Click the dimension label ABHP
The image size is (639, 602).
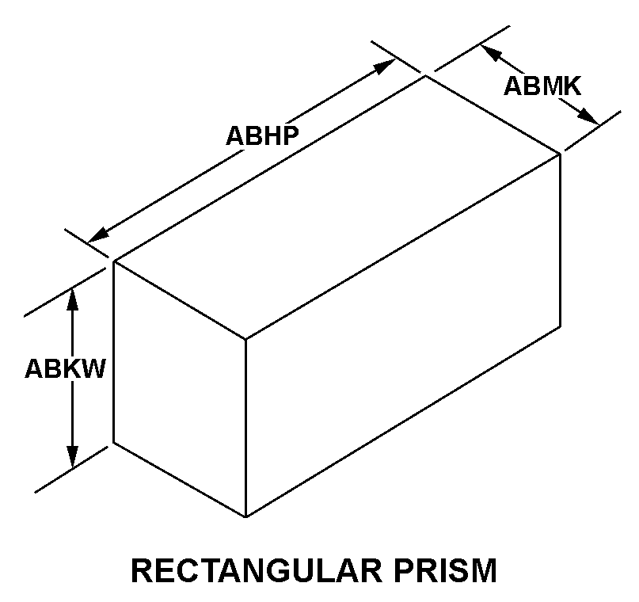tap(262, 135)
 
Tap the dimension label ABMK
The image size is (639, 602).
tap(542, 86)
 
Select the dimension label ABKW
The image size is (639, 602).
tap(65, 369)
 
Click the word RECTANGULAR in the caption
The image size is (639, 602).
tap(257, 570)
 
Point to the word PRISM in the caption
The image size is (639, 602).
tap(445, 570)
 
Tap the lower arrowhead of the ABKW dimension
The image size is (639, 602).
tap(73, 457)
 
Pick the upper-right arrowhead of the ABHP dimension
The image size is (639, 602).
tap(386, 67)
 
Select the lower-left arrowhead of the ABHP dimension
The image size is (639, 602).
tap(99, 235)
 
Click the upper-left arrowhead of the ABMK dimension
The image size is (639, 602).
tap(491, 52)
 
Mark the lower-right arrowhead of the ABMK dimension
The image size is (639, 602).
tap(590, 116)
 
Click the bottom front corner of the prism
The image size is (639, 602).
tap(245, 516)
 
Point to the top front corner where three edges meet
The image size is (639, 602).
tap(245, 339)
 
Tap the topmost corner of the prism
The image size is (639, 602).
tap(426, 76)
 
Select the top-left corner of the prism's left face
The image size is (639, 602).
tap(114, 261)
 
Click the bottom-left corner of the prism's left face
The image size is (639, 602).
tap(114, 442)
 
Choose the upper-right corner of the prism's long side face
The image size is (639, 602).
tap(561, 154)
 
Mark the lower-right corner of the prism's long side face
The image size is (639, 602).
tap(561, 326)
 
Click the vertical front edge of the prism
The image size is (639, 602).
tap(245, 428)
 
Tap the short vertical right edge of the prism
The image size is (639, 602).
tap(561, 240)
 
